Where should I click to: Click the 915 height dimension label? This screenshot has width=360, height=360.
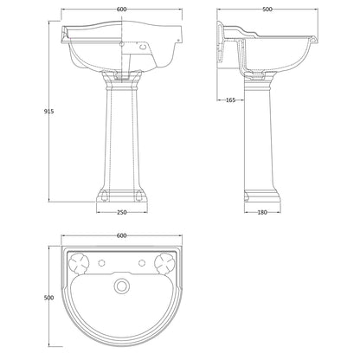point(48,111)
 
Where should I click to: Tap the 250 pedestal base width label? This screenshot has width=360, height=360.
point(122,212)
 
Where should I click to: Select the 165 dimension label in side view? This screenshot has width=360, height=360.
point(230,100)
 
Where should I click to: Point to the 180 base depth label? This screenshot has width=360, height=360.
point(262,212)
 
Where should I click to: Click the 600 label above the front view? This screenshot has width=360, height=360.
point(122,10)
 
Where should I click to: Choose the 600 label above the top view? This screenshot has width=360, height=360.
point(122,235)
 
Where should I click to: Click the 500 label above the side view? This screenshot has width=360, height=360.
point(267,10)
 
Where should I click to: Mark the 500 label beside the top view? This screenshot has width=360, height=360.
point(48,298)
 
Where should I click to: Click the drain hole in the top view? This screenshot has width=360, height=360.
point(122,286)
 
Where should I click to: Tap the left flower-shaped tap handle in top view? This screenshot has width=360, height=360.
point(79,263)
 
